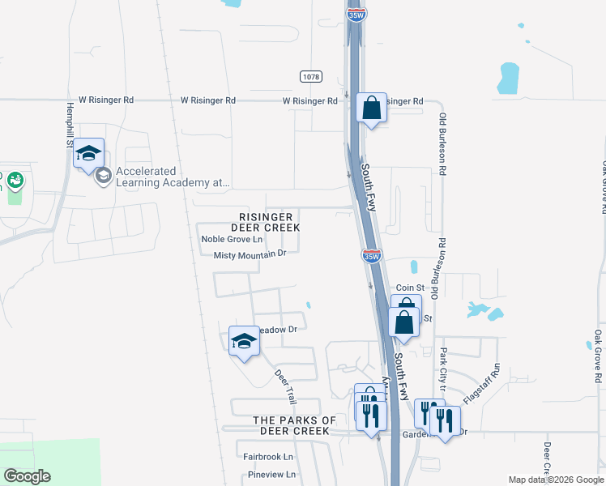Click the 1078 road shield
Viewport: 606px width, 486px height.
tap(309, 76)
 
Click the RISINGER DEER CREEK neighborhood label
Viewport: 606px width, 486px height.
tap(270, 223)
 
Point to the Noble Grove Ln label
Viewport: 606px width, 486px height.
tap(232, 239)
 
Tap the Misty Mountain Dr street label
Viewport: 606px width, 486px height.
tap(250, 254)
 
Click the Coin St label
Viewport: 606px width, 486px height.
tap(410, 288)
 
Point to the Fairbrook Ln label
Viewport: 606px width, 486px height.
tap(268, 457)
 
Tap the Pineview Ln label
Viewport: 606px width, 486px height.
tap(272, 474)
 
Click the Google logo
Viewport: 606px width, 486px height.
tap(27, 476)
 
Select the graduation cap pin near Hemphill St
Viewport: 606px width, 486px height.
tap(88, 153)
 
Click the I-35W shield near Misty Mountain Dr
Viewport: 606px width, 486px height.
tap(371, 255)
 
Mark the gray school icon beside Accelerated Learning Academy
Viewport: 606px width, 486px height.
tap(103, 176)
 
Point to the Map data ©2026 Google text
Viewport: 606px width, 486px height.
tap(555, 480)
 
